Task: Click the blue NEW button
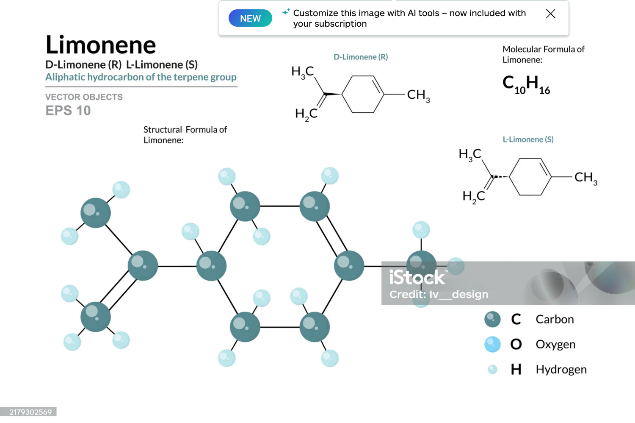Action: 250,18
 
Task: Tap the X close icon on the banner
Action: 550,14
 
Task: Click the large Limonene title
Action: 101,45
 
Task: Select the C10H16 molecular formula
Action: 526,84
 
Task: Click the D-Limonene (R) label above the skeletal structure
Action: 361,57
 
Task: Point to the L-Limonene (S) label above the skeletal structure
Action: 528,139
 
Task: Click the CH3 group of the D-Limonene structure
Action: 418,95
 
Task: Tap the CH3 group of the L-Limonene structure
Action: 585,178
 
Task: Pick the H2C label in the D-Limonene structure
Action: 306,114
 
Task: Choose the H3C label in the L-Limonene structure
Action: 470,154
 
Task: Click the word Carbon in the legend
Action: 555,319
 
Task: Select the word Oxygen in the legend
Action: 555,344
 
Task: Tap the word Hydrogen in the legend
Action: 561,370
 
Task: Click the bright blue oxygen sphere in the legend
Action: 492,344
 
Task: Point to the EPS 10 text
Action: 68,111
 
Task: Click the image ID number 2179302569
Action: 30,412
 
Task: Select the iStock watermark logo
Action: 417,278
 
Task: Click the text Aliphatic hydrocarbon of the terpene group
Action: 141,77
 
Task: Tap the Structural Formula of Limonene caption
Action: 185,134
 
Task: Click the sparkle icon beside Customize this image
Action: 286,12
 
